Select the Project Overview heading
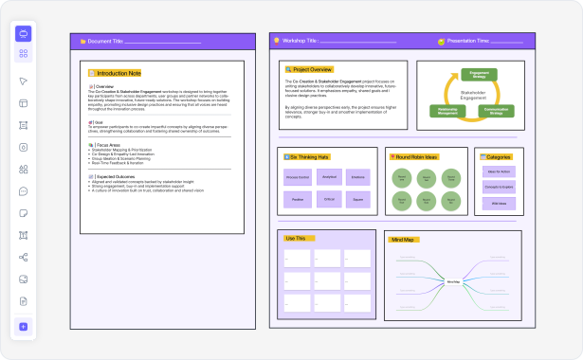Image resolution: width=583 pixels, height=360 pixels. [x=311, y=69]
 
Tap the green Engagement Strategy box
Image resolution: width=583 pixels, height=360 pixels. [x=479, y=74]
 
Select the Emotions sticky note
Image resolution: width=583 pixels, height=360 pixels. [x=357, y=176]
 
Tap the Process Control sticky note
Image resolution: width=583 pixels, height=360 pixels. [x=298, y=176]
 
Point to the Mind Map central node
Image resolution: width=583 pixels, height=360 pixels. [x=452, y=281]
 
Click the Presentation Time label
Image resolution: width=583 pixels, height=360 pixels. [x=468, y=42]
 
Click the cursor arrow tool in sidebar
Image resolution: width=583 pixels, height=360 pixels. [x=24, y=81]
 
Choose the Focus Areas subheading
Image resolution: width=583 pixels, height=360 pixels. [x=107, y=144]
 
